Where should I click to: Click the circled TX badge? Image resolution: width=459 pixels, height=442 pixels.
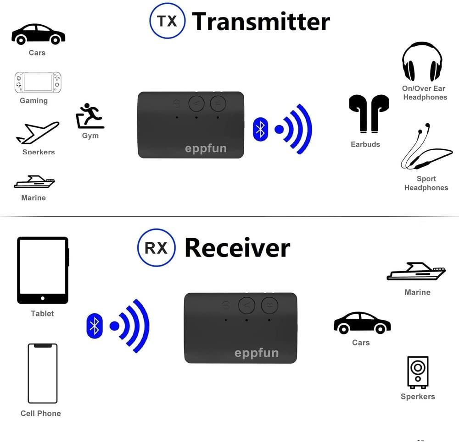(168, 21)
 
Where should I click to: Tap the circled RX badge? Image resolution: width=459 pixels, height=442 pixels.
(156, 248)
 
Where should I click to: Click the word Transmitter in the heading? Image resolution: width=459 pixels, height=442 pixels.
(261, 22)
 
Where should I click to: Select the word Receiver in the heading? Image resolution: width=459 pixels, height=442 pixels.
(237, 248)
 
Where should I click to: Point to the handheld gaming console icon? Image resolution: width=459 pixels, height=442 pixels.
(38, 82)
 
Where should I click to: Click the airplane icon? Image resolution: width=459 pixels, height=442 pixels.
(38, 133)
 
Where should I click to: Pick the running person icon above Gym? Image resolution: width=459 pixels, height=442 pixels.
(90, 116)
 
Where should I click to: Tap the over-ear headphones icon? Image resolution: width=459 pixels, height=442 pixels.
(422, 62)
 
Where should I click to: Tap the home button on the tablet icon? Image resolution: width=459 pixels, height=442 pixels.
(43, 298)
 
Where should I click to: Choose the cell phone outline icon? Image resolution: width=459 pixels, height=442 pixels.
(43, 373)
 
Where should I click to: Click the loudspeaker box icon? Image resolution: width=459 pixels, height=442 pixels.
(418, 372)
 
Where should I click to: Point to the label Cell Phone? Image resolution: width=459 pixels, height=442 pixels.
(40, 413)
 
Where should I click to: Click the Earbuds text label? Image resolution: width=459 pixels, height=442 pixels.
(365, 144)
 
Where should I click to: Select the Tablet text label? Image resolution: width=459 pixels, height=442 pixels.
(42, 314)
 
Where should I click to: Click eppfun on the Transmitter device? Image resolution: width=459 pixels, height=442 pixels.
(205, 148)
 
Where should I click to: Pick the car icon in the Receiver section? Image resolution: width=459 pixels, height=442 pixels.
(362, 323)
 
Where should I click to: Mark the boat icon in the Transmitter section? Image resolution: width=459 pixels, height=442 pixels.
(34, 182)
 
